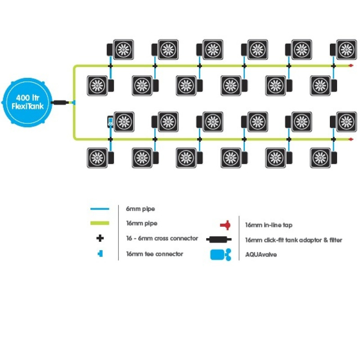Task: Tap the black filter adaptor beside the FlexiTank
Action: pyautogui.click(x=59, y=103)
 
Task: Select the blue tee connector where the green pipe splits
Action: pyautogui.click(x=73, y=103)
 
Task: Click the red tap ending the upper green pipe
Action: pyautogui.click(x=351, y=66)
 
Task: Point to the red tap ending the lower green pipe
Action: pyautogui.click(x=351, y=139)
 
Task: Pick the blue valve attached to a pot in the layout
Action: pyautogui.click(x=110, y=121)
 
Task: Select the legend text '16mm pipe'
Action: pyautogui.click(x=141, y=223)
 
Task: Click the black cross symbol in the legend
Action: pyautogui.click(x=100, y=238)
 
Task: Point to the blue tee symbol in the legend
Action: pyautogui.click(x=100, y=254)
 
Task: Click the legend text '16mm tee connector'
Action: pyautogui.click(x=154, y=254)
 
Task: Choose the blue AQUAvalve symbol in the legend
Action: pyautogui.click(x=220, y=254)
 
